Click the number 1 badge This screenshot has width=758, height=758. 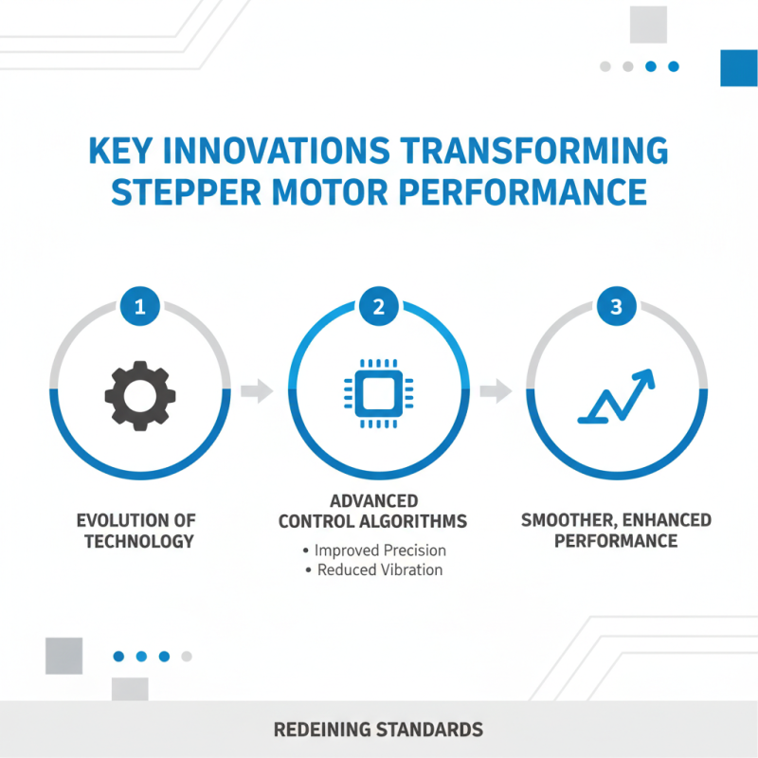[x=140, y=306]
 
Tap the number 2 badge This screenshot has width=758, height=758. [x=378, y=306]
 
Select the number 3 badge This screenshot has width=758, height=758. [x=615, y=306]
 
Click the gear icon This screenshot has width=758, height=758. [x=140, y=391]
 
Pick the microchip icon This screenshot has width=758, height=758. [x=378, y=391]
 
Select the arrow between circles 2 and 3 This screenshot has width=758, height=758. [x=496, y=390]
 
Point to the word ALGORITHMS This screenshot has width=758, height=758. [x=418, y=520]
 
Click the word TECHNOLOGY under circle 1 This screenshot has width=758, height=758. [x=139, y=541]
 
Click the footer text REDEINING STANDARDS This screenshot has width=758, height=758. [x=378, y=730]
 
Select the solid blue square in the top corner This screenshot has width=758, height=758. [x=739, y=67]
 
